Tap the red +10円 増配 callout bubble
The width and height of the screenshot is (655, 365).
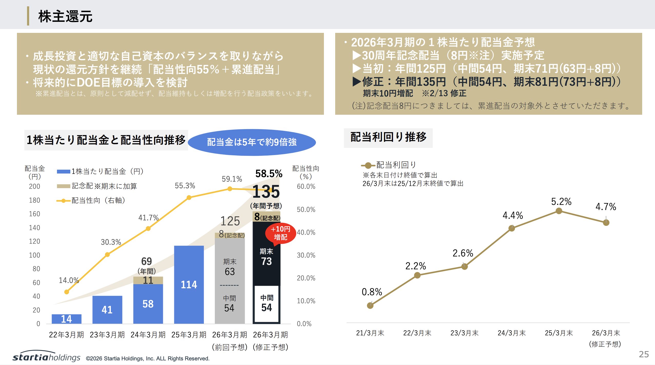point(281,233)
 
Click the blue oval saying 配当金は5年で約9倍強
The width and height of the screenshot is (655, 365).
point(252,142)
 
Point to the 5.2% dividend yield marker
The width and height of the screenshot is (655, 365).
point(559,211)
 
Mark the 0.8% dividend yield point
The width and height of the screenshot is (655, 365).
point(370,305)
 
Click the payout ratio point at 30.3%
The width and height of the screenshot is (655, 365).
point(107,254)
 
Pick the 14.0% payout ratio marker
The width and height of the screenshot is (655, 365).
point(67,292)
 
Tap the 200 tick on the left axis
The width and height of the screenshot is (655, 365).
point(34,186)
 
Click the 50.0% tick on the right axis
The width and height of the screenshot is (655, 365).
point(306,209)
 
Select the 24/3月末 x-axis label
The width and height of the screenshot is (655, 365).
point(512,333)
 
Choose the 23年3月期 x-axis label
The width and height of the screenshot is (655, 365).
point(107,335)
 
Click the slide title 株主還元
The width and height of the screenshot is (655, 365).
point(65,16)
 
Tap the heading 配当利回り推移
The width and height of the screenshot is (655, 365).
point(388,137)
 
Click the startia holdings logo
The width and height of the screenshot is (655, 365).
point(46,357)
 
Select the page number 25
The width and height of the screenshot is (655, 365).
point(643,354)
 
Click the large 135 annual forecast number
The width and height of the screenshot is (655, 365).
point(266,192)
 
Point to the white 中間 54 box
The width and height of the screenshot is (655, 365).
point(267,304)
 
